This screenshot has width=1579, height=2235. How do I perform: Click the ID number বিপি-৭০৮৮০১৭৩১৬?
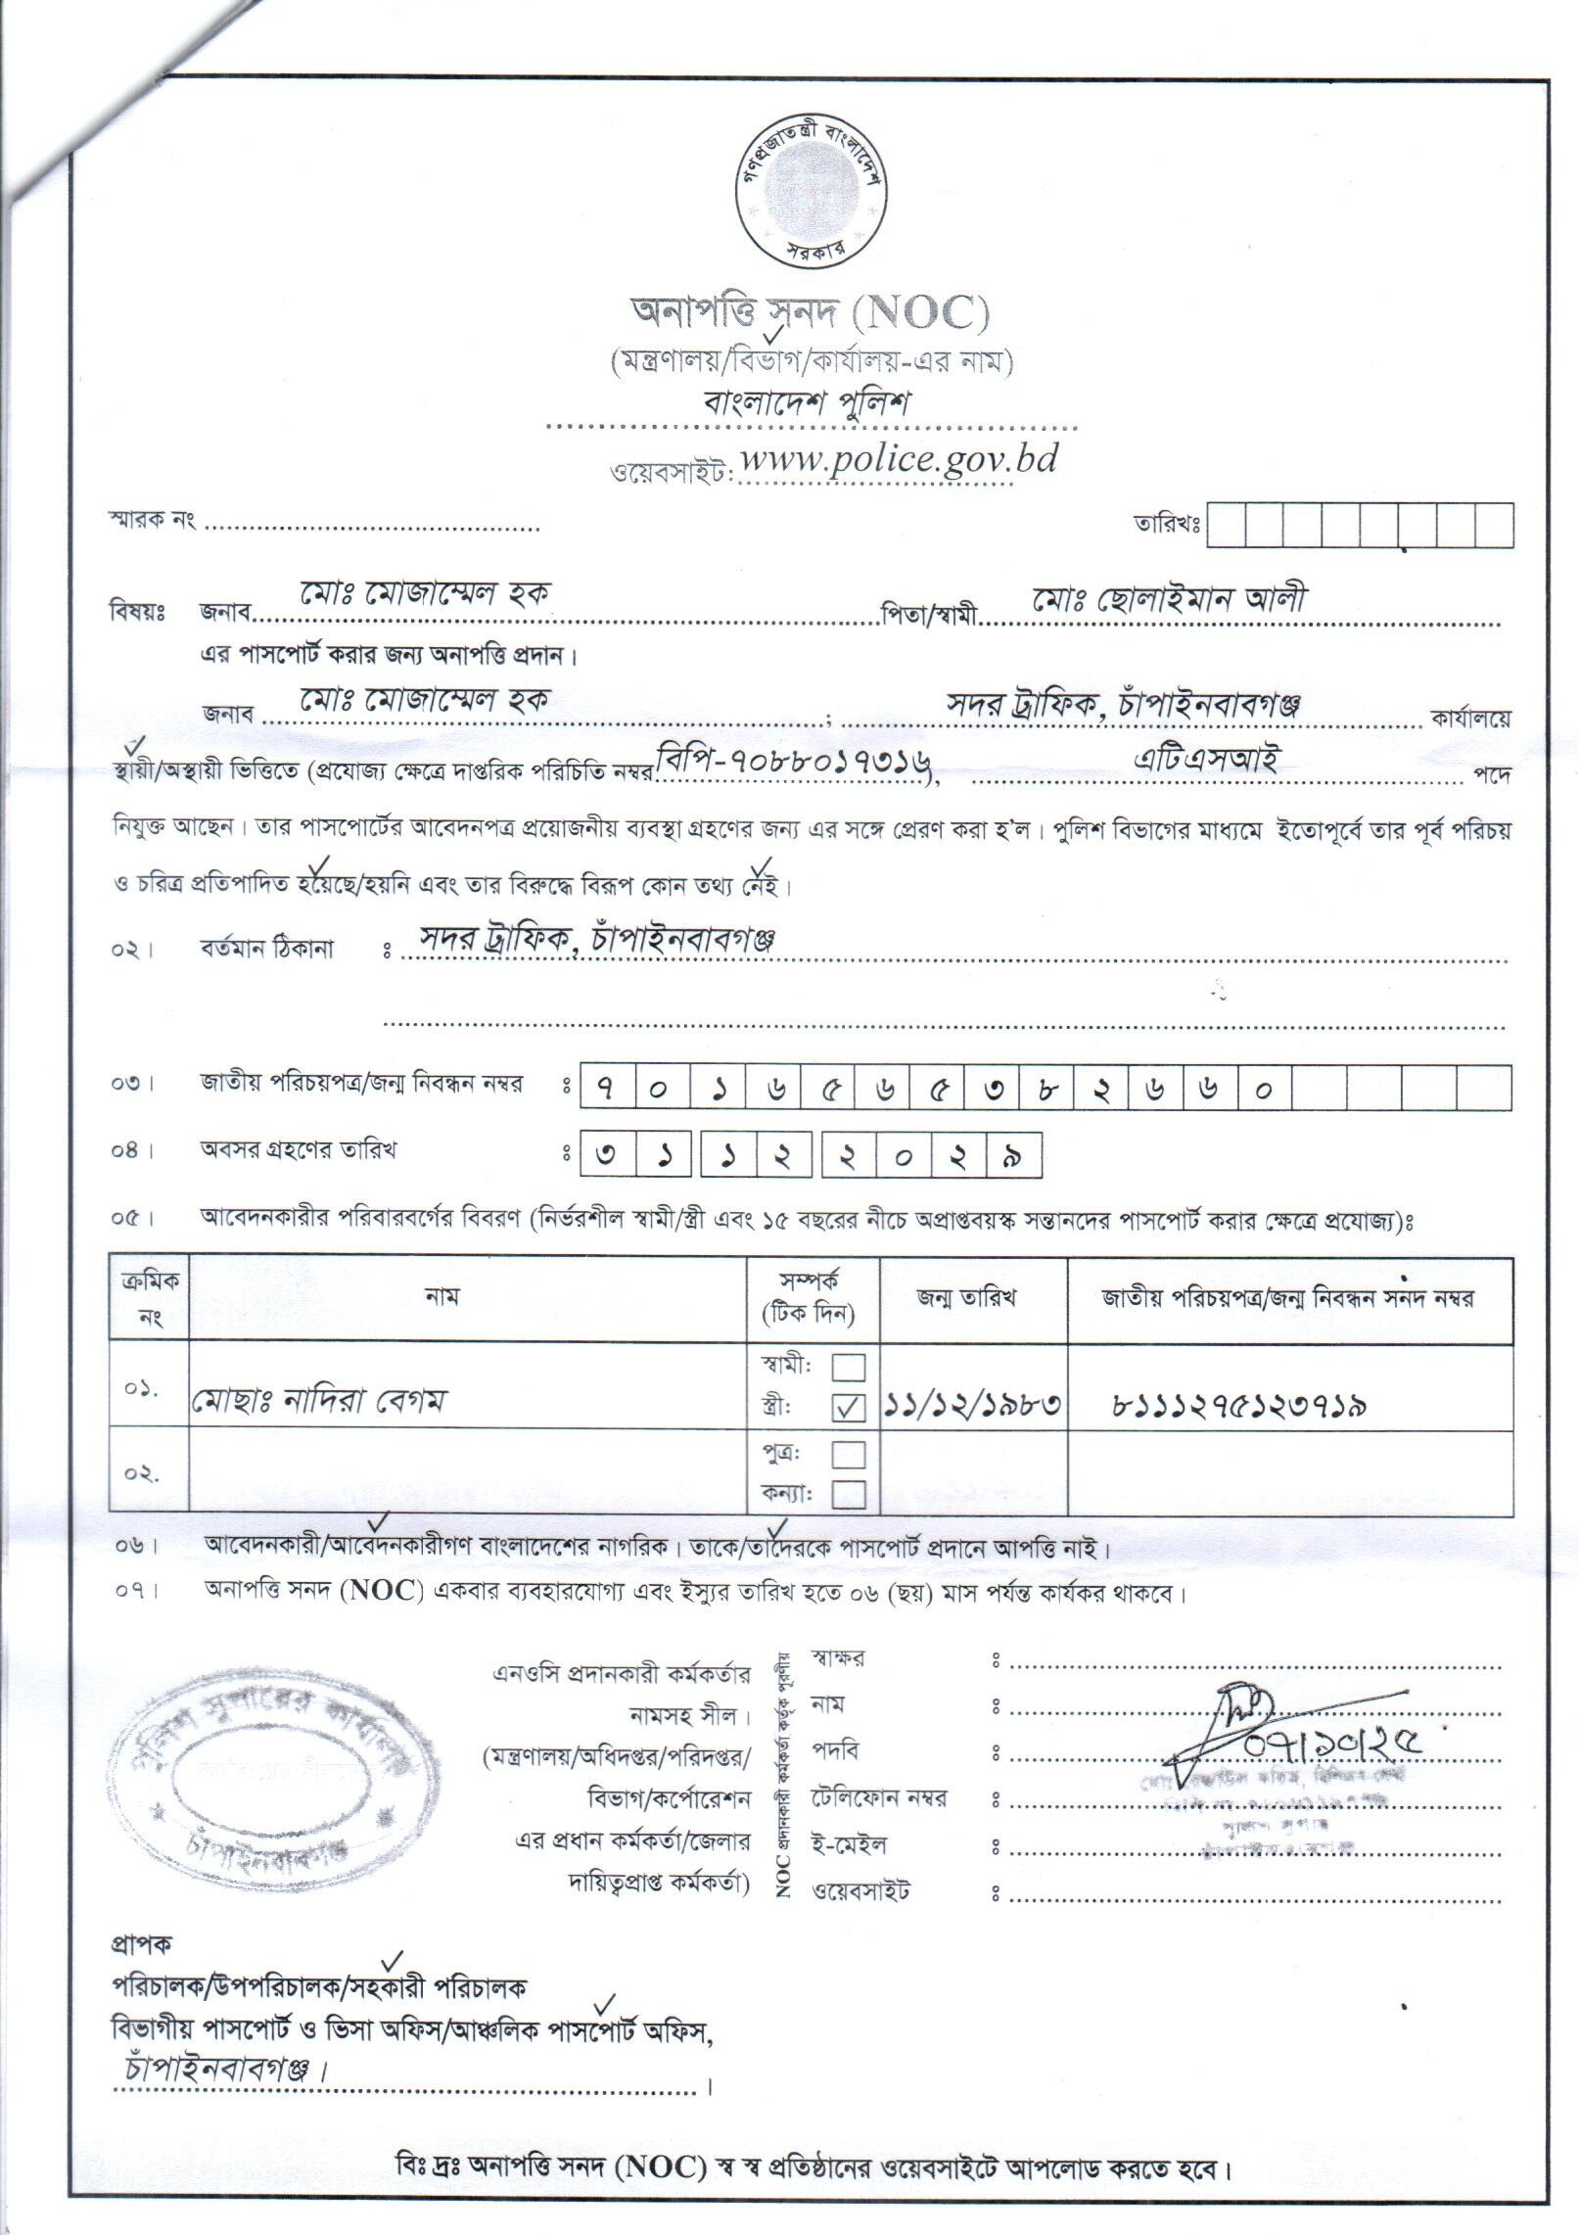pos(794,759)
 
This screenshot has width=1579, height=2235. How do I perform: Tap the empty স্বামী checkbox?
pos(848,1367)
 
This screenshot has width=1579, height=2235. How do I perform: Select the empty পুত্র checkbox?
pos(848,1455)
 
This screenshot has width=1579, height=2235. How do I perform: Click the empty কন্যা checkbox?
pos(848,1495)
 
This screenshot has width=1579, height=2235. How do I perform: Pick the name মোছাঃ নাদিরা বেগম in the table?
pos(318,1402)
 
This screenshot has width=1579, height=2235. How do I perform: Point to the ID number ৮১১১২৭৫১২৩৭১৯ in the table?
pos(1240,1406)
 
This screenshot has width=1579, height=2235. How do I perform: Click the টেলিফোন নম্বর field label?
pos(878,1798)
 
